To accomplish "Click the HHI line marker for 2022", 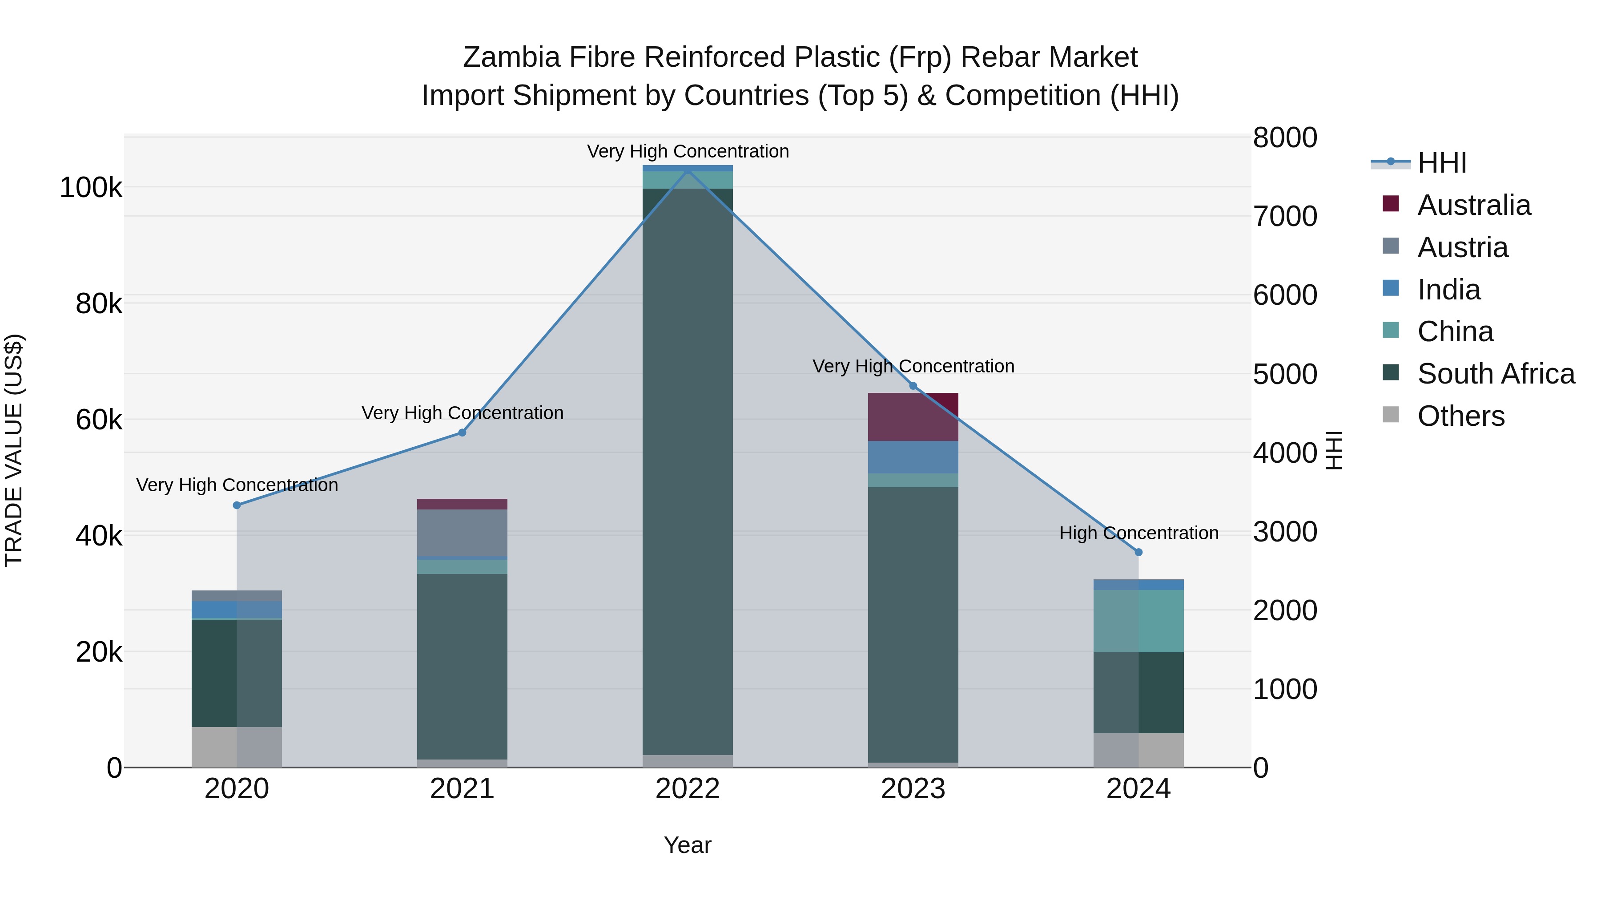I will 688,169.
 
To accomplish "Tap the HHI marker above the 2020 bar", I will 237,505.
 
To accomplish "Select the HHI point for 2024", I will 1138,552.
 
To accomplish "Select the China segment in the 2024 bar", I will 1138,621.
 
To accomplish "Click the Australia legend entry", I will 1474,205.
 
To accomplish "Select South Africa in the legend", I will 1495,374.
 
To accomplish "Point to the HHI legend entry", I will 1441,163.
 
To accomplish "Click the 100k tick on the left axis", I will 91,188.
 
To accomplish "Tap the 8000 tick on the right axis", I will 1285,137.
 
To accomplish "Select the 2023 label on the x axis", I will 913,789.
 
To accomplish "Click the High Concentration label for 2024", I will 1138,533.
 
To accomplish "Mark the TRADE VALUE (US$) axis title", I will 14,450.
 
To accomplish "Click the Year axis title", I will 688,845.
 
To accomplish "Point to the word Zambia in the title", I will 509,57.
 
